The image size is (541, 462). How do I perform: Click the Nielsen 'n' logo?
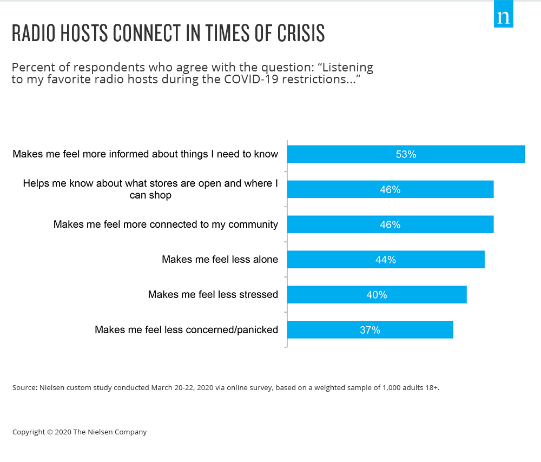pos(503,17)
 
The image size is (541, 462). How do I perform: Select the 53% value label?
pos(406,154)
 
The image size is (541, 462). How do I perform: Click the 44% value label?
pos(386,260)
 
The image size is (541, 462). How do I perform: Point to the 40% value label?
pos(377,295)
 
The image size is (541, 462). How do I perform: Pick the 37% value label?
pos(370,330)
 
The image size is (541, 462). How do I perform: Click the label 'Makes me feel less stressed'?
pos(213,295)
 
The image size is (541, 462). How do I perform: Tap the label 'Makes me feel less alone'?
pos(220,260)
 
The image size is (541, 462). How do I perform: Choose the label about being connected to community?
pos(166,225)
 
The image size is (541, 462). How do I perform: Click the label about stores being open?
pos(150,189)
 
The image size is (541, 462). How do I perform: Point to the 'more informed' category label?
pos(145,154)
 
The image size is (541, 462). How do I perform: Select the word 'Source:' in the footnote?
pos(24,388)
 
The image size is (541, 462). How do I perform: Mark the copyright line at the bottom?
pos(80,432)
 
